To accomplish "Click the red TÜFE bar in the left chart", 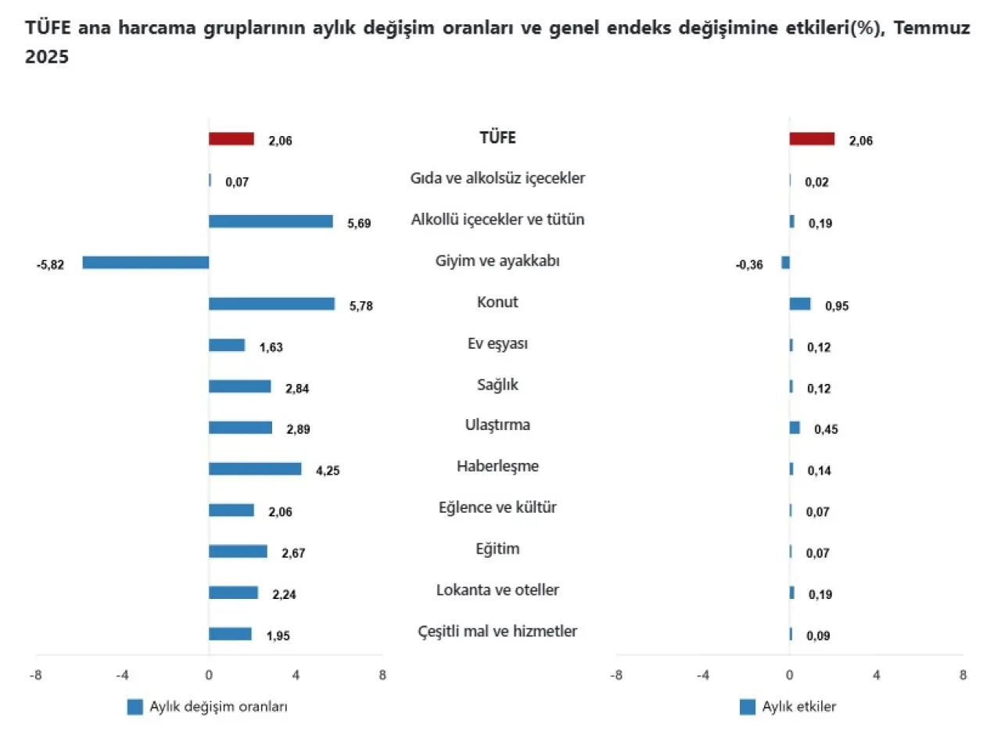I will click(x=231, y=139).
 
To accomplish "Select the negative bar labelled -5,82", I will click(x=145, y=263).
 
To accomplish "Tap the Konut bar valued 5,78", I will click(x=271, y=304).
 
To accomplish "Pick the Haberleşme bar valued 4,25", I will click(x=255, y=469).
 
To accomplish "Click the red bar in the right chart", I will click(x=812, y=139).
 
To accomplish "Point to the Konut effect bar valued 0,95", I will click(x=800, y=304).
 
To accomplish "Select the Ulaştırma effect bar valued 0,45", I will click(x=795, y=428).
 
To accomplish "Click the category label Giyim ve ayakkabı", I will click(x=497, y=261).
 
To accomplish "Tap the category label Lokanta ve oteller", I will click(x=497, y=590).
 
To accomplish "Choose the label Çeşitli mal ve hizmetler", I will click(x=497, y=631).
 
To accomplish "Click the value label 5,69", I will click(x=359, y=224).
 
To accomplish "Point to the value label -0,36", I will click(x=749, y=265).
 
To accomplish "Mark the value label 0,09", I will click(x=819, y=636).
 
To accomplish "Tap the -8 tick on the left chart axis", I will click(x=35, y=675).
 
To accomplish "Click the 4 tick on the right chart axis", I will click(x=876, y=675).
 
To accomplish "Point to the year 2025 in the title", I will click(x=47, y=58).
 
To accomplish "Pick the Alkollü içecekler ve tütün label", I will click(x=497, y=220).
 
